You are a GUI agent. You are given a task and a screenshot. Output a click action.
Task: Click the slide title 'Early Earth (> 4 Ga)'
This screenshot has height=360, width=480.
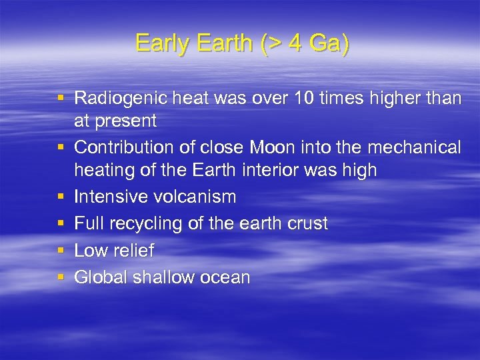coord(241,44)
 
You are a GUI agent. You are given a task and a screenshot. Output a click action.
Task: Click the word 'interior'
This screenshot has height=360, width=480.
coord(273,170)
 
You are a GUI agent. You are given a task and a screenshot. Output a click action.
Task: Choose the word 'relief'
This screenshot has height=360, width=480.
coord(133,251)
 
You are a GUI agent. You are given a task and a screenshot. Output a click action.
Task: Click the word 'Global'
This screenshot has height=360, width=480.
coord(101,277)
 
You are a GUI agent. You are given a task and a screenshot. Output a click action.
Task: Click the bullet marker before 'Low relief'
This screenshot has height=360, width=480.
coord(61,251)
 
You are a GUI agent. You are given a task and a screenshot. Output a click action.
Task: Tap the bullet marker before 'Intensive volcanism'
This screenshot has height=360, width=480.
coord(61,197)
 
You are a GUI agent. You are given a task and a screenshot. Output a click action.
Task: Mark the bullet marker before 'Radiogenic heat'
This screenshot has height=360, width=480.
coord(61,99)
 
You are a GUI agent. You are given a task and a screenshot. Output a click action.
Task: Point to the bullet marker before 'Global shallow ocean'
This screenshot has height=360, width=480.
coord(61,277)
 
